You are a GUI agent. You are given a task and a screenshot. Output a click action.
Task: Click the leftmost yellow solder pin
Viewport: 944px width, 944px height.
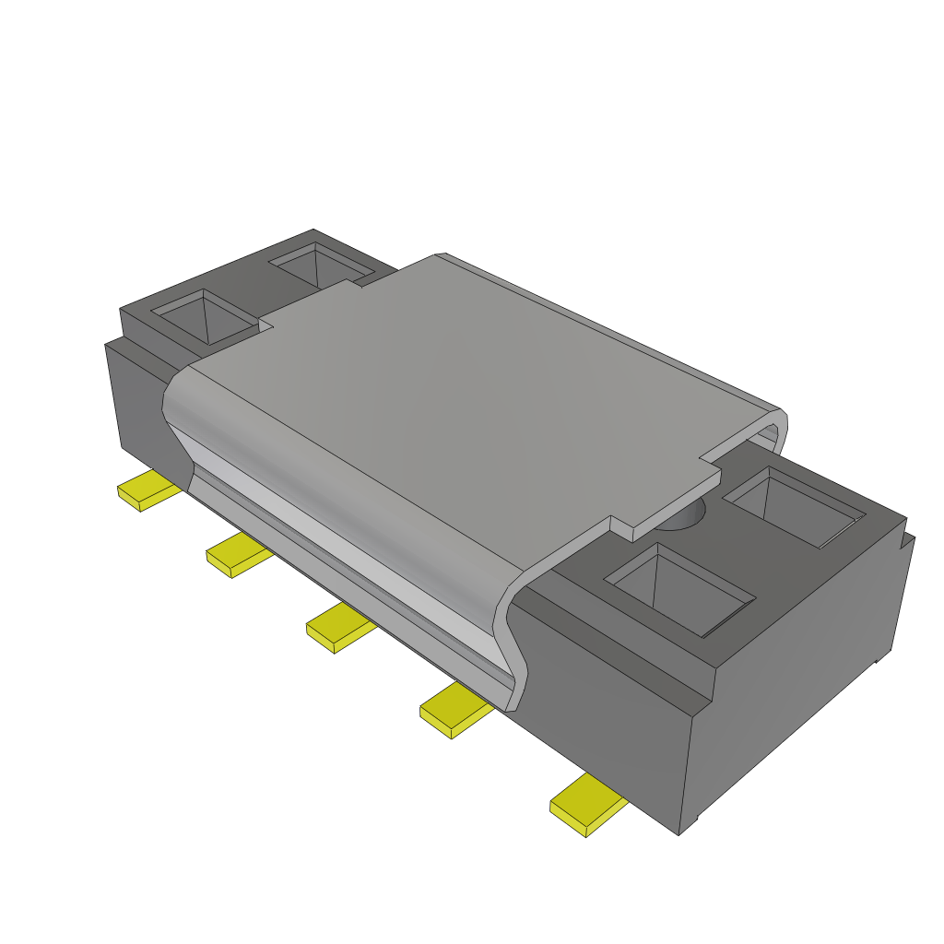147,490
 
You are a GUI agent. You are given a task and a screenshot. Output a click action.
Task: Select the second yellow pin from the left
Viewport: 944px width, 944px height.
238,556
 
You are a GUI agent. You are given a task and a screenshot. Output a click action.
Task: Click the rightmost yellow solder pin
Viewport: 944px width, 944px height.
587,805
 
